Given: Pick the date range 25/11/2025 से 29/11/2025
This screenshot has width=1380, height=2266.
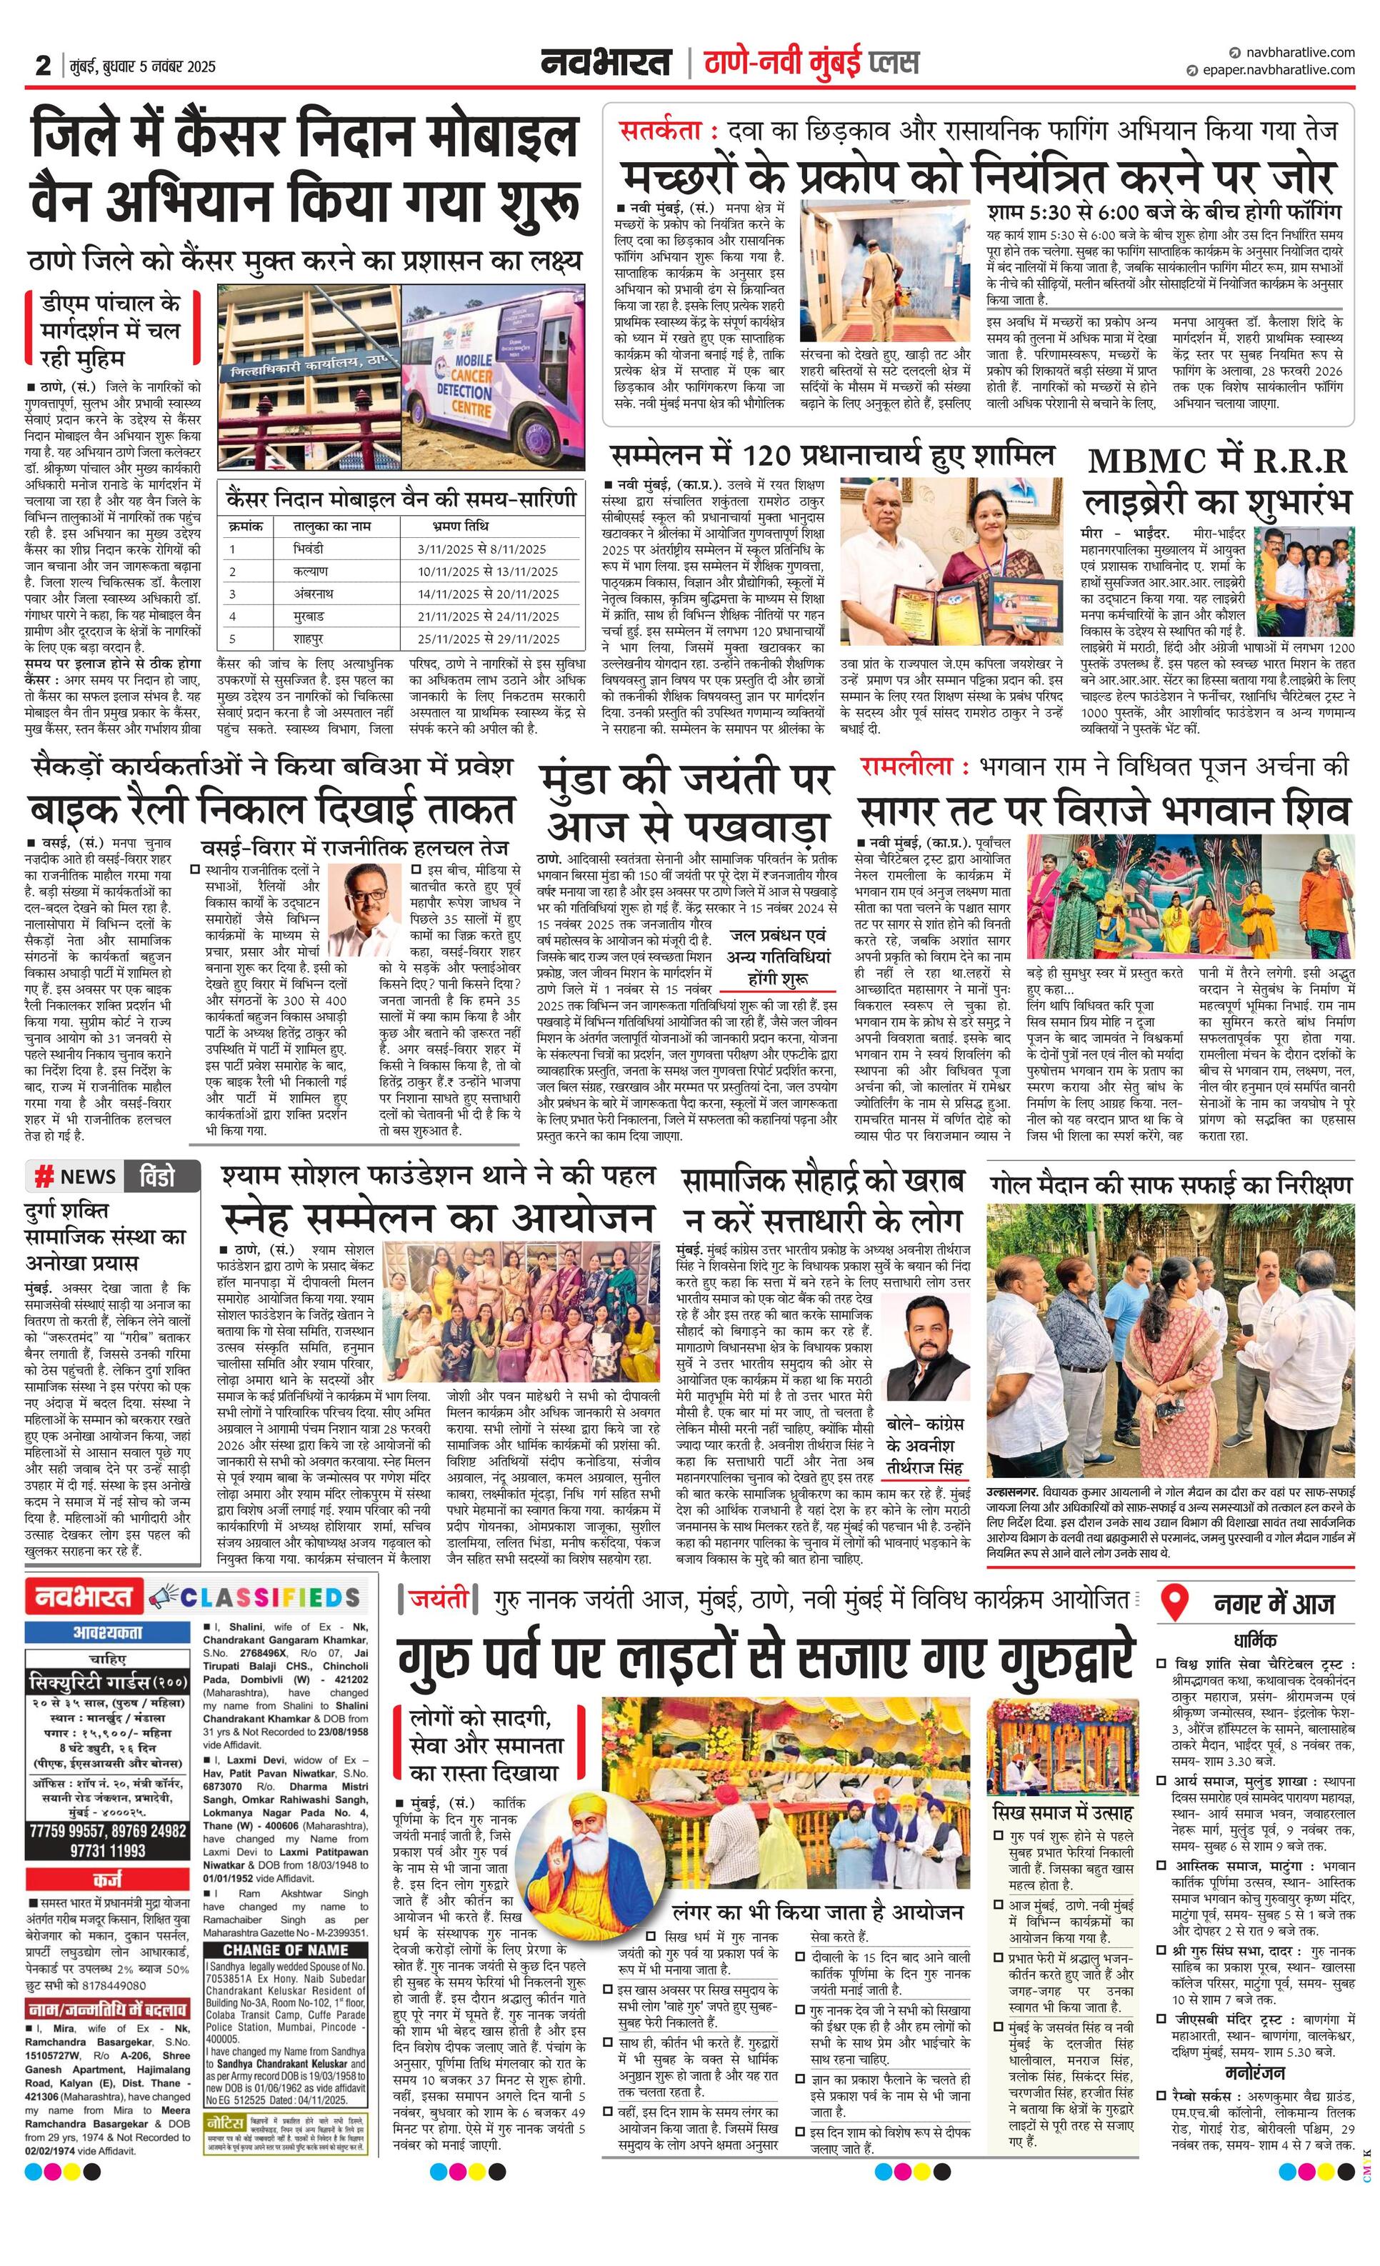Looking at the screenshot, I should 488,638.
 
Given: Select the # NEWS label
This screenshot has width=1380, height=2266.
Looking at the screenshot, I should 76,1177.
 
